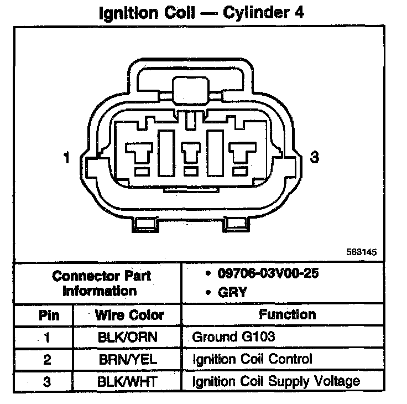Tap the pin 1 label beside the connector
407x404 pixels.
point(66,158)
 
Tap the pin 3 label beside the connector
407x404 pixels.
point(315,158)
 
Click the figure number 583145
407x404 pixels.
point(362,252)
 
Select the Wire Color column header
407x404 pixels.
point(129,315)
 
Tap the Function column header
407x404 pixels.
point(288,314)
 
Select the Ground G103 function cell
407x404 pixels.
point(233,337)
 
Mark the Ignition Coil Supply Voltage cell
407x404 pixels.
point(276,381)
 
